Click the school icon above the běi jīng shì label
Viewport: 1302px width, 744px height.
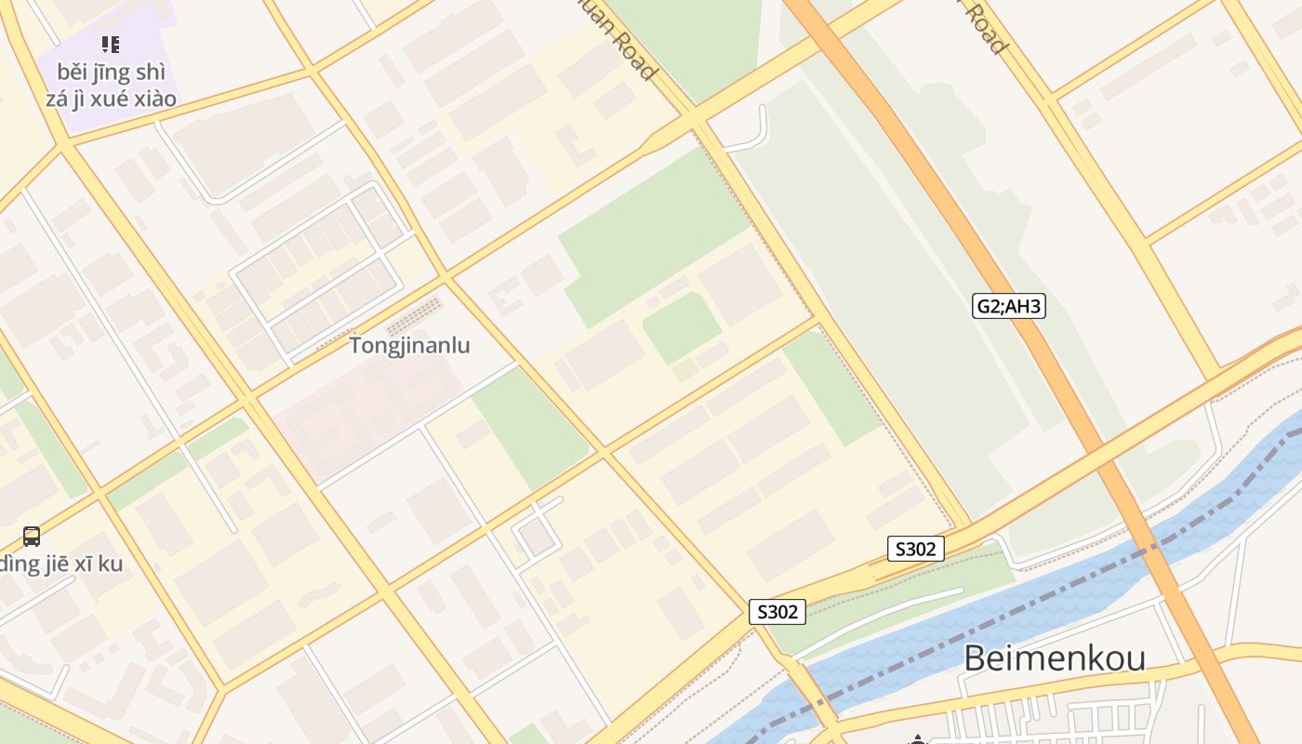pos(111,44)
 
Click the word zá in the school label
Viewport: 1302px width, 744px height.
pos(59,98)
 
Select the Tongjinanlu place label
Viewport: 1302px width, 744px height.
pos(409,346)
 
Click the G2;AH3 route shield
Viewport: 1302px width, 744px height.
pos(1009,306)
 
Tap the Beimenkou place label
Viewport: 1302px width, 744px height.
pos(1054,658)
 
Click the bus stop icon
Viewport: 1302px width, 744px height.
pos(32,536)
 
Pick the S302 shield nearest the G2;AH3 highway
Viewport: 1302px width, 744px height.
pos(915,549)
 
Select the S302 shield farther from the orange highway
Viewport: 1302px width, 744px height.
pos(777,612)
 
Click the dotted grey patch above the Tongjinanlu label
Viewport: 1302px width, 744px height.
pos(415,316)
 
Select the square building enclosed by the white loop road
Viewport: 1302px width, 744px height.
pos(536,538)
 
